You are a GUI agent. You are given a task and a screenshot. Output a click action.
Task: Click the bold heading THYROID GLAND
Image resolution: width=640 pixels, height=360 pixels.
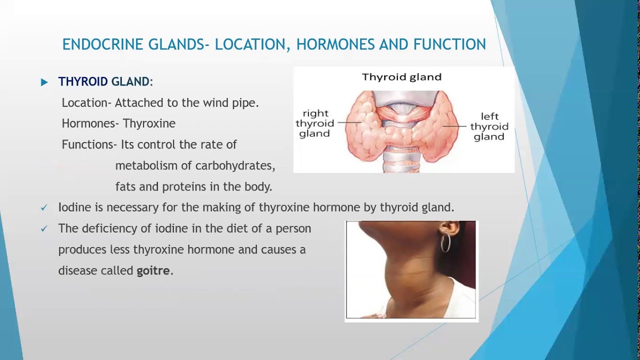(x=103, y=81)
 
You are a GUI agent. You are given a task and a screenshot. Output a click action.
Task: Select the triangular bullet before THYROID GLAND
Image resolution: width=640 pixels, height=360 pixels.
(x=44, y=82)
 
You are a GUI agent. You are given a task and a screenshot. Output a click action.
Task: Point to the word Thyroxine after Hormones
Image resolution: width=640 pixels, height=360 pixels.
(x=149, y=123)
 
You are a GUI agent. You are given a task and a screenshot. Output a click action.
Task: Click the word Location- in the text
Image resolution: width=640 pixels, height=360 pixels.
(x=86, y=102)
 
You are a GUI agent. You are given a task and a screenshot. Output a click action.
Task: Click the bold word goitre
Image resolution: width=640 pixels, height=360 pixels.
(x=153, y=270)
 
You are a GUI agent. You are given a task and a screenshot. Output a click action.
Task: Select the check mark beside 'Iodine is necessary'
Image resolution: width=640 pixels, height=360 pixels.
(x=44, y=207)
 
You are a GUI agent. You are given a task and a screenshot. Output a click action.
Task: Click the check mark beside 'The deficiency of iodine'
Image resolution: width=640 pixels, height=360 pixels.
(x=44, y=228)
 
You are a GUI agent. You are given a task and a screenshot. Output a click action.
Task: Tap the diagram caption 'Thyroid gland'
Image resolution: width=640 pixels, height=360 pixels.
(x=401, y=77)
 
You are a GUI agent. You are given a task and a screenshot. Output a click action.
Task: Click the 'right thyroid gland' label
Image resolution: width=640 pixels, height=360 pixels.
(x=314, y=123)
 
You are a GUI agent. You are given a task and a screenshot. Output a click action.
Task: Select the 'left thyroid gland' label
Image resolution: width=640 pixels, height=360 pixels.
(x=489, y=126)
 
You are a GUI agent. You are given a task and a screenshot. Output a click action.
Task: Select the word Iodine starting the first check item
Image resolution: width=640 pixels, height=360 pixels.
(x=73, y=207)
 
